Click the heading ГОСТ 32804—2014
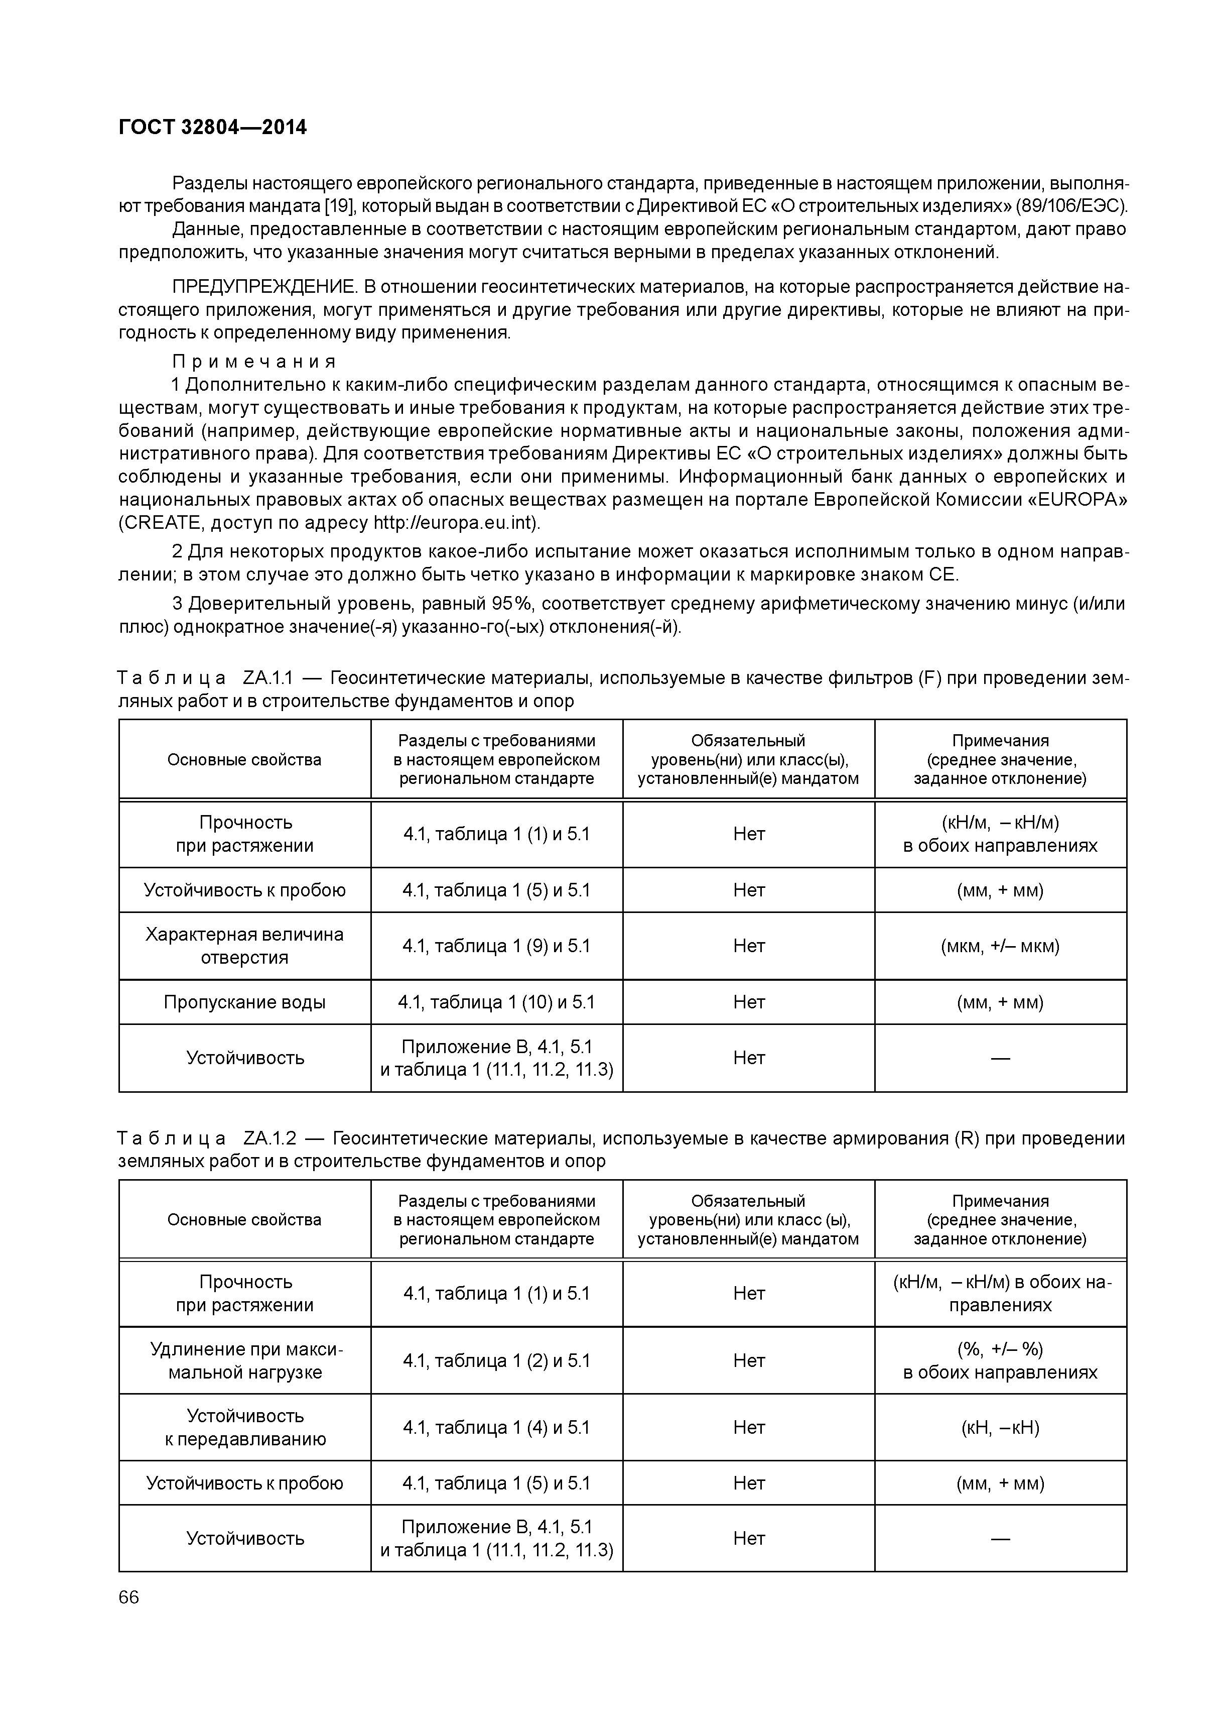(213, 128)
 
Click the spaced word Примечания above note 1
(254, 362)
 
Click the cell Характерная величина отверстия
(245, 946)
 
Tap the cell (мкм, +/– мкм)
(1000, 946)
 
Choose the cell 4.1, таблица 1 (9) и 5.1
(496, 946)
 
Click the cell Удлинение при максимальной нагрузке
(245, 1360)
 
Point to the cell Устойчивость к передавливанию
(245, 1427)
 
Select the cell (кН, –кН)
(1000, 1427)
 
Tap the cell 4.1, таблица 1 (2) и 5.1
(496, 1360)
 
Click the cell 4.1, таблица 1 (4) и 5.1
(496, 1427)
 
